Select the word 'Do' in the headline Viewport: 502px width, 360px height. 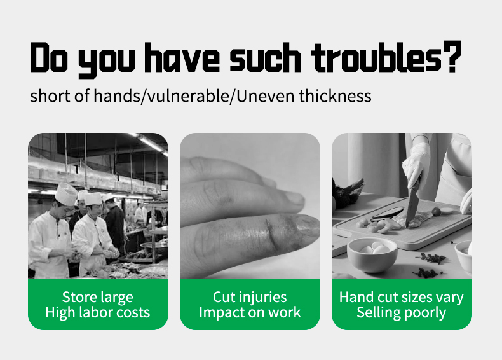click(49, 57)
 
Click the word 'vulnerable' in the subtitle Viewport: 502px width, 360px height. click(188, 96)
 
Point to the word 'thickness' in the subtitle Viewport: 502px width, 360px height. click(336, 96)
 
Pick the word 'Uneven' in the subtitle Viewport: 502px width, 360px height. click(266, 96)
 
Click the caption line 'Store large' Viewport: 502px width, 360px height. click(98, 297)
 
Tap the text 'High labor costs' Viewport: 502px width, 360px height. click(98, 312)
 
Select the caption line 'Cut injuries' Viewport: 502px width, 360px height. click(250, 297)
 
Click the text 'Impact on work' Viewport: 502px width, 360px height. click(250, 312)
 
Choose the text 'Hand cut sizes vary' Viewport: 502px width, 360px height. click(402, 297)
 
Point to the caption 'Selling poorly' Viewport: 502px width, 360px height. click(402, 312)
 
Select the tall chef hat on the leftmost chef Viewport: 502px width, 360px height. click(66, 193)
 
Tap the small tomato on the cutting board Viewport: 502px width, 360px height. click(436, 211)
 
